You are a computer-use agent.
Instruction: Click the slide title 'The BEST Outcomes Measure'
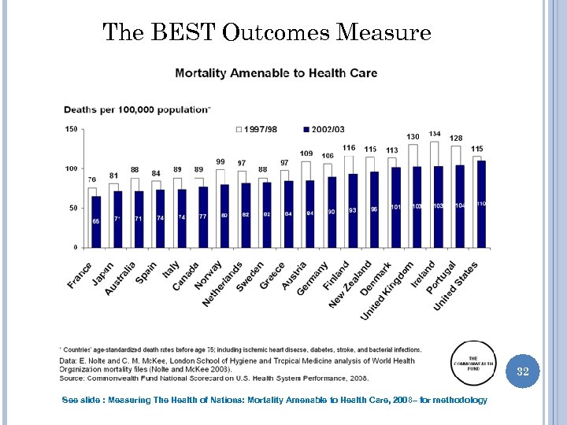(x=267, y=33)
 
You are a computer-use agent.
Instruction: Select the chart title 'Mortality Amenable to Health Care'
(x=276, y=73)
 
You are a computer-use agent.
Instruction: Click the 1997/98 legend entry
(x=256, y=129)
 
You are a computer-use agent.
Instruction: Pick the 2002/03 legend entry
(x=323, y=129)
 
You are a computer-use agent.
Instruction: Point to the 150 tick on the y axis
(x=71, y=129)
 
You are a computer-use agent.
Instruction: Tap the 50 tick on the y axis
(x=72, y=209)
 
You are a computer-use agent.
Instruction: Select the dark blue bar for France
(x=97, y=222)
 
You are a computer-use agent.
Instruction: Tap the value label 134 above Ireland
(x=435, y=134)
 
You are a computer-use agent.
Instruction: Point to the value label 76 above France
(x=92, y=180)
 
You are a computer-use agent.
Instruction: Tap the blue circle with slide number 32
(x=522, y=371)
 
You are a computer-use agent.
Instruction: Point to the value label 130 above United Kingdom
(x=413, y=137)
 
